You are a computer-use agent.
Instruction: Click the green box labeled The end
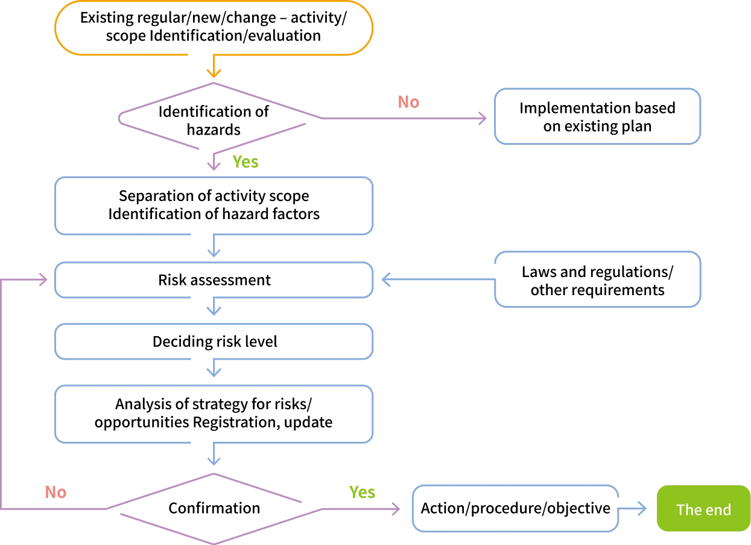[703, 509]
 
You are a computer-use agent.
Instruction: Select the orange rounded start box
[214, 29]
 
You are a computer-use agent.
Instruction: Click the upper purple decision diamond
[216, 118]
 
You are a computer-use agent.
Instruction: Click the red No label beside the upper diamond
[408, 102]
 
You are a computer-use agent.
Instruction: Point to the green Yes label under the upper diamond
[246, 162]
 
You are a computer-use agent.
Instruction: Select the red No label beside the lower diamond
[55, 492]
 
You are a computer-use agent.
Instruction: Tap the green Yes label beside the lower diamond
[362, 492]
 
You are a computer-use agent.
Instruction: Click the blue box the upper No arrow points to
[597, 116]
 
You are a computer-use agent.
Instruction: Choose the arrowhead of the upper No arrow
[483, 118]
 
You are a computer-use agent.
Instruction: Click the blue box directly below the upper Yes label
[214, 206]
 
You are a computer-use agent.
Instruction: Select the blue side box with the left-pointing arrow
[597, 278]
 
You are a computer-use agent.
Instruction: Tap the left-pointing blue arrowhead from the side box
[386, 280]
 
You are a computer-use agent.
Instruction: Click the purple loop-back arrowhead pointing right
[43, 280]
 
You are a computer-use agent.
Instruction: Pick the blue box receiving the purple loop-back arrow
[214, 280]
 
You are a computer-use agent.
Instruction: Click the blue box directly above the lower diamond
[214, 415]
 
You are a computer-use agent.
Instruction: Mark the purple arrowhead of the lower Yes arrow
[396, 509]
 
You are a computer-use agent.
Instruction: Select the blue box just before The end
[516, 509]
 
